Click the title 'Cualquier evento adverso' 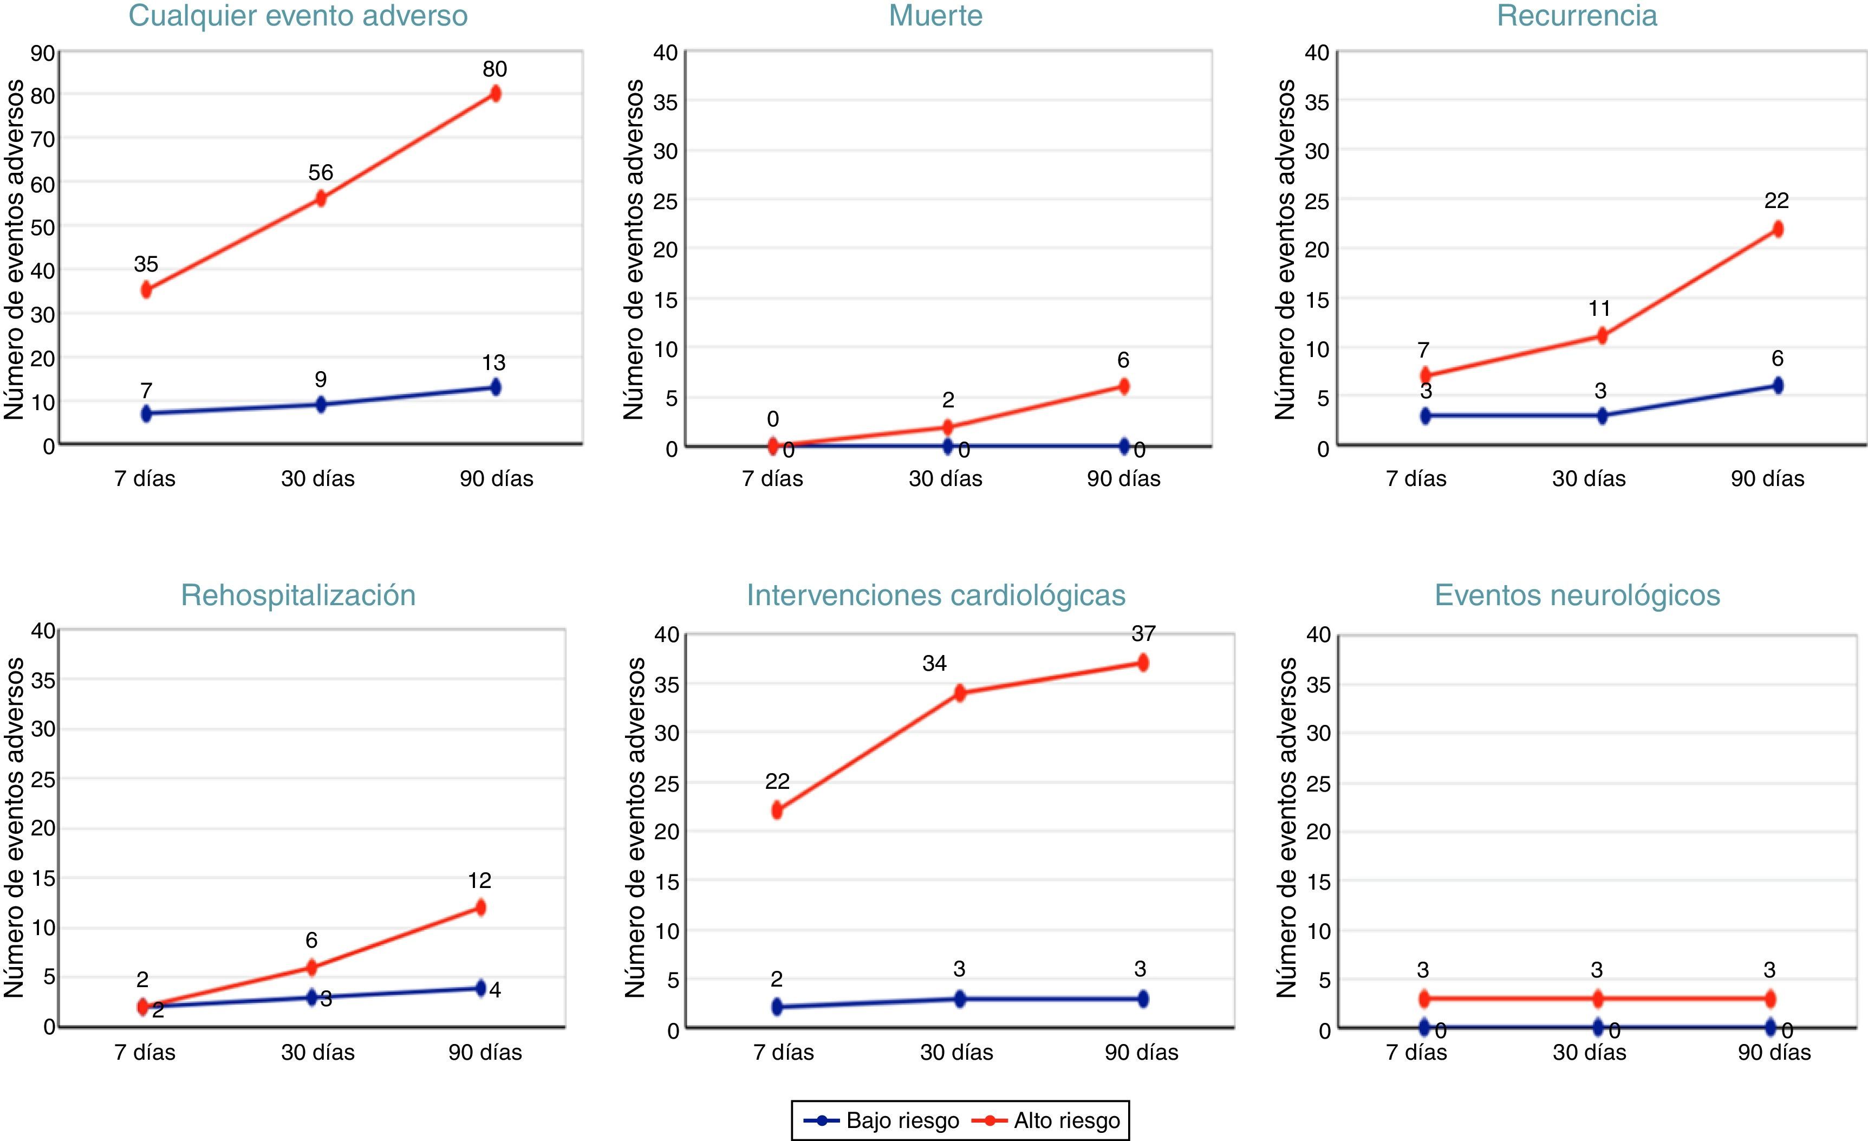tap(298, 16)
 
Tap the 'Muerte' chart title tap(935, 16)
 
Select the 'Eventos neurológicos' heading tap(1577, 595)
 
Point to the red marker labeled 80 tap(495, 93)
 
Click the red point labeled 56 tap(321, 199)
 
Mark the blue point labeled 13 tap(496, 387)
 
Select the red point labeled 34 tap(960, 692)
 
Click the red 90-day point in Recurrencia tap(1777, 229)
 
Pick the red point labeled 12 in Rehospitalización tap(480, 907)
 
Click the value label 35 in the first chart tap(146, 264)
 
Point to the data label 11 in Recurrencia tap(1599, 309)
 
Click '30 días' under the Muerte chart tap(945, 478)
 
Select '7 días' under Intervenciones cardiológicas tap(783, 1052)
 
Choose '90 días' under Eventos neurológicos tap(1774, 1052)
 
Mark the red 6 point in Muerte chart tap(1123, 386)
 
